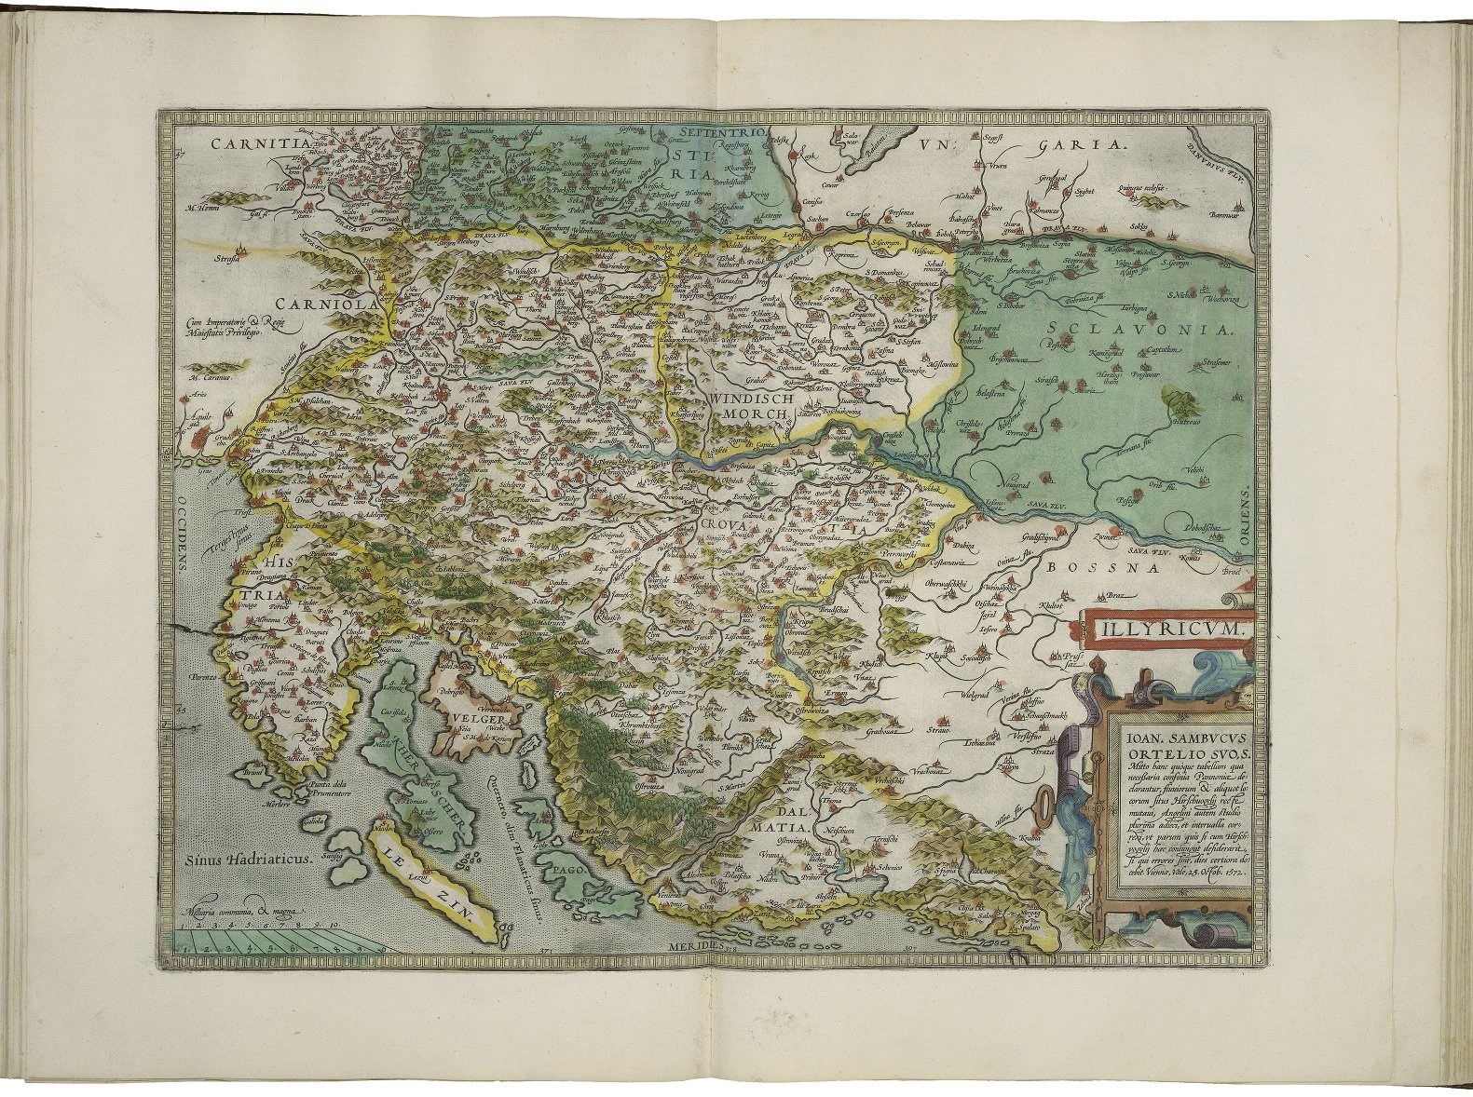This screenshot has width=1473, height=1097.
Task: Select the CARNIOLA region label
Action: [x=323, y=304]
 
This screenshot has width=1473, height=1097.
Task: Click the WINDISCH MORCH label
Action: [x=752, y=403]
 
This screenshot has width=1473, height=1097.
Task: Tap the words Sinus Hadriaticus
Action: [x=245, y=860]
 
